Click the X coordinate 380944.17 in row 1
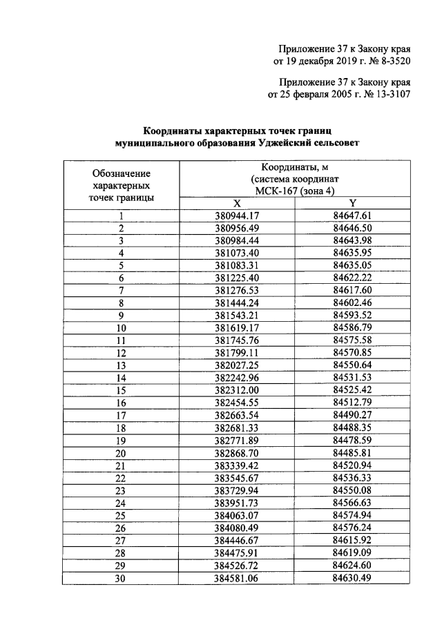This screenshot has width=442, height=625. coord(236,215)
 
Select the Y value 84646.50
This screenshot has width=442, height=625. coord(352,228)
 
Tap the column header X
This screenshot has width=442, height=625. coord(236,204)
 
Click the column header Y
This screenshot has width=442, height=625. coord(352,204)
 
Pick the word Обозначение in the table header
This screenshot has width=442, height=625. coord(122,173)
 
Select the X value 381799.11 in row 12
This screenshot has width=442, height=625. coord(236,352)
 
